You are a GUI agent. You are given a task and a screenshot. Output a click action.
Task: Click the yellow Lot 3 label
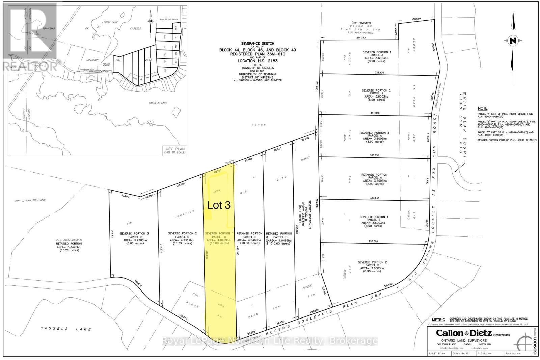[218, 205]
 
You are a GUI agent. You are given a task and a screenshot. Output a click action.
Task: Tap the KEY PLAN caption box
[175, 150]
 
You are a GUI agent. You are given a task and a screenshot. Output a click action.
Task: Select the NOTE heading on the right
[482, 108]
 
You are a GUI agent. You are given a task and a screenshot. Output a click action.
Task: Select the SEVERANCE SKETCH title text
[258, 44]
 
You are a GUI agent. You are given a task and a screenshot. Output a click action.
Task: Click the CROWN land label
[261, 125]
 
